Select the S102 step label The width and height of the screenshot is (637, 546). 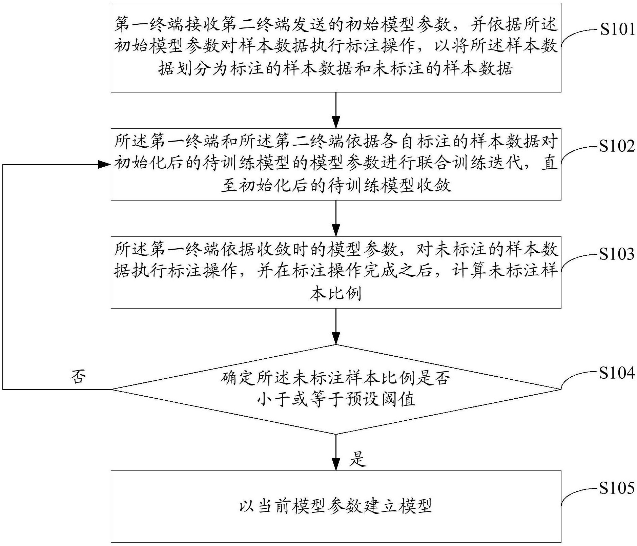[616, 146]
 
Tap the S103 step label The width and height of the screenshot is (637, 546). [616, 254]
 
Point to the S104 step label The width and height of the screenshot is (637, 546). [616, 373]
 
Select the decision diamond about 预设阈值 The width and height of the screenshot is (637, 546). [335, 389]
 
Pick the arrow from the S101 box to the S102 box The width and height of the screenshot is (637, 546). [336, 110]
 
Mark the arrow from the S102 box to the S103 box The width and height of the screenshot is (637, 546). [336, 218]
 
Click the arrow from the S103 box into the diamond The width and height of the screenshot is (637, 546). [336, 326]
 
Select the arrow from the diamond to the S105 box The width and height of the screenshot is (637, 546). [336, 452]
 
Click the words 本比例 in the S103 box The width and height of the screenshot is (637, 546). [335, 293]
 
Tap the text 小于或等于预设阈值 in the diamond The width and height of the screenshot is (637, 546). [335, 400]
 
